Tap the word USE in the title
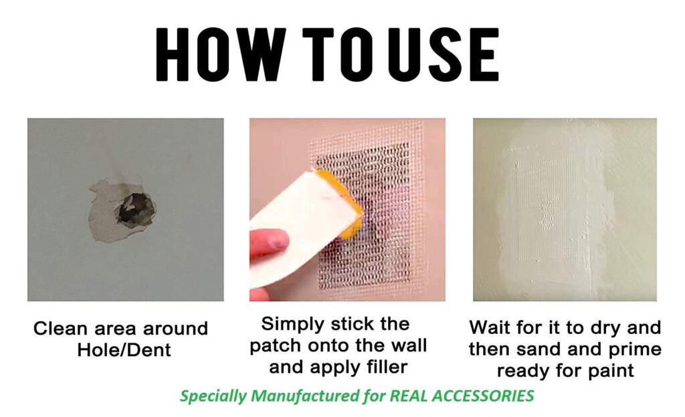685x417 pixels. [443, 54]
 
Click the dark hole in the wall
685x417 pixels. [136, 209]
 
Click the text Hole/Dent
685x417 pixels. [124, 350]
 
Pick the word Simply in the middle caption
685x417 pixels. [292, 325]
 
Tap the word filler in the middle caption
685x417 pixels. [385, 367]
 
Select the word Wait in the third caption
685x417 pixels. [489, 327]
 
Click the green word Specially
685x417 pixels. [213, 396]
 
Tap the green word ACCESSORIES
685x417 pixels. [483, 396]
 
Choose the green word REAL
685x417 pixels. [409, 396]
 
